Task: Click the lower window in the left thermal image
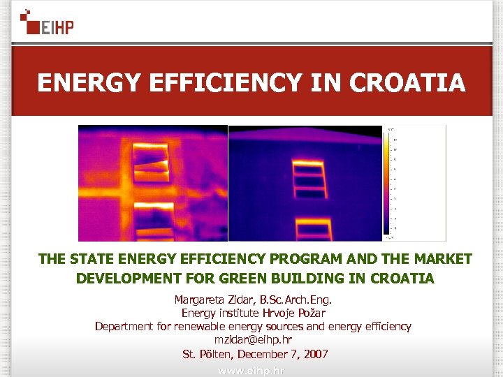154,220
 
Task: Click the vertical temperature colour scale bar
386,182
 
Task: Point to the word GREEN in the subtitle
251,279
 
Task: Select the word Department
124,326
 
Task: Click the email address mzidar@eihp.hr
253,340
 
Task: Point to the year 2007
314,354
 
